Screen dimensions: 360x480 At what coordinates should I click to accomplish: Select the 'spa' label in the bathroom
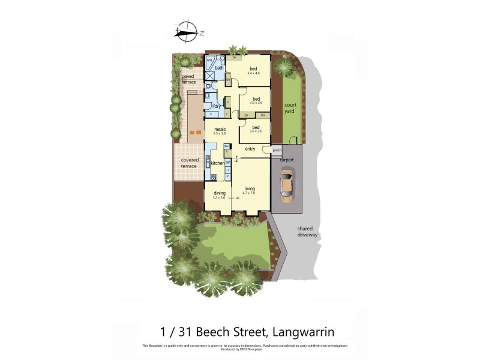point(209,61)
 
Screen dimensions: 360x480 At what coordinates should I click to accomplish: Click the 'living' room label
point(250,188)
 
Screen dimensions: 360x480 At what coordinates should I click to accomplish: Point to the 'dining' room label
point(220,193)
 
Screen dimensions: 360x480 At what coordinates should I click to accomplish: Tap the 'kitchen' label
point(217,163)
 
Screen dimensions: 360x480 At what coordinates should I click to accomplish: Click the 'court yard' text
point(290,108)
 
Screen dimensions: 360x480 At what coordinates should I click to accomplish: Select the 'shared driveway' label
point(308,232)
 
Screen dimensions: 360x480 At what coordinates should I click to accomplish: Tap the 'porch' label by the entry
point(277,150)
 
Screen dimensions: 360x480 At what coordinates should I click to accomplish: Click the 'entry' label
point(250,149)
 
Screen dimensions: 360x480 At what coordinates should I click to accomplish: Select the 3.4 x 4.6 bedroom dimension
point(253,73)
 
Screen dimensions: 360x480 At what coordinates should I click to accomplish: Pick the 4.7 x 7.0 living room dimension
point(249,193)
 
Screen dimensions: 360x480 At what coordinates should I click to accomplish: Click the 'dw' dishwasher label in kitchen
point(227,146)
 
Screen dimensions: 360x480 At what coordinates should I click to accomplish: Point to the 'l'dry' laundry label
point(218,106)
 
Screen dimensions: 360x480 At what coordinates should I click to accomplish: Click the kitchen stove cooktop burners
point(214,176)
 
